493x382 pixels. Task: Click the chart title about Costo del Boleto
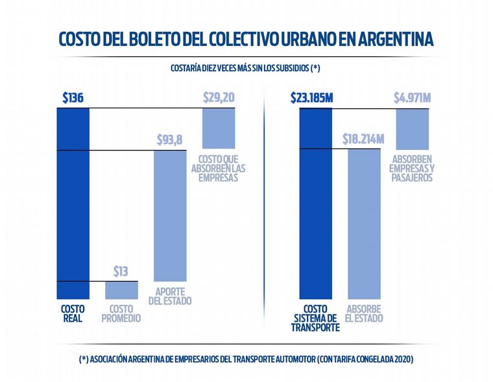246,40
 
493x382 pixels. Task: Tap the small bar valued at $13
122,289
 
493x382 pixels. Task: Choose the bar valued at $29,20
219,128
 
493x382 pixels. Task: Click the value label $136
73,98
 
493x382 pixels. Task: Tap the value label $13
121,270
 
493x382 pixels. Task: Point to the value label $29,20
219,98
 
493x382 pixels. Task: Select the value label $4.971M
412,98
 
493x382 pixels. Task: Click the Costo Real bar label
73,314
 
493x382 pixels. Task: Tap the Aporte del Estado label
170,296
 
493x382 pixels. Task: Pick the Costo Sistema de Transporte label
317,318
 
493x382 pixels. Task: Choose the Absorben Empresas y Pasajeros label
413,167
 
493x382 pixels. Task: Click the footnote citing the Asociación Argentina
246,359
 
